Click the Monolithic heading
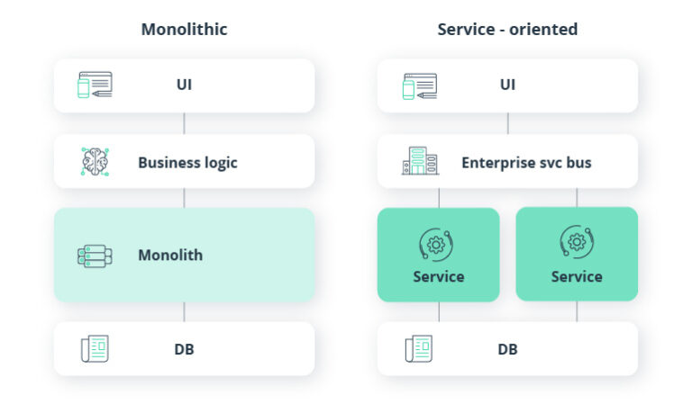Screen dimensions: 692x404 pos(184,29)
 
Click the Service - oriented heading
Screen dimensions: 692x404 pos(507,29)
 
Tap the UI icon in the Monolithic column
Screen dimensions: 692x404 pos(95,85)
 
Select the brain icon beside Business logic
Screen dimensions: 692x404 pos(95,162)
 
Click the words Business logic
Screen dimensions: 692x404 pos(187,163)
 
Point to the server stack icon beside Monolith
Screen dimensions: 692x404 pos(95,256)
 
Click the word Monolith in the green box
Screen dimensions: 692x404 pos(170,256)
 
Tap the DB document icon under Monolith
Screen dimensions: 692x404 pos(95,348)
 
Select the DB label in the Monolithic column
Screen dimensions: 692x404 pos(184,348)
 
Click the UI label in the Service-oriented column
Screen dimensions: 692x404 pos(507,85)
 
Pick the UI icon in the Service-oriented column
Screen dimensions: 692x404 pos(419,85)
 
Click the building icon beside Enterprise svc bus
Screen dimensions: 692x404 pos(419,162)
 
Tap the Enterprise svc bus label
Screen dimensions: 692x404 pos(526,163)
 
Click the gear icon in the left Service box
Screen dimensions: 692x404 pos(437,244)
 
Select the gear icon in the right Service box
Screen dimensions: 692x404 pos(577,243)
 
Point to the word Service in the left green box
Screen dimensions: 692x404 pos(438,276)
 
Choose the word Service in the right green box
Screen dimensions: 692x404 pos(577,276)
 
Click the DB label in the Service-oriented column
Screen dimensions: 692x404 pos(507,348)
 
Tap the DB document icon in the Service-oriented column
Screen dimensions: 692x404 pos(419,348)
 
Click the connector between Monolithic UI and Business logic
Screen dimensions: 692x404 pos(184,123)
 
